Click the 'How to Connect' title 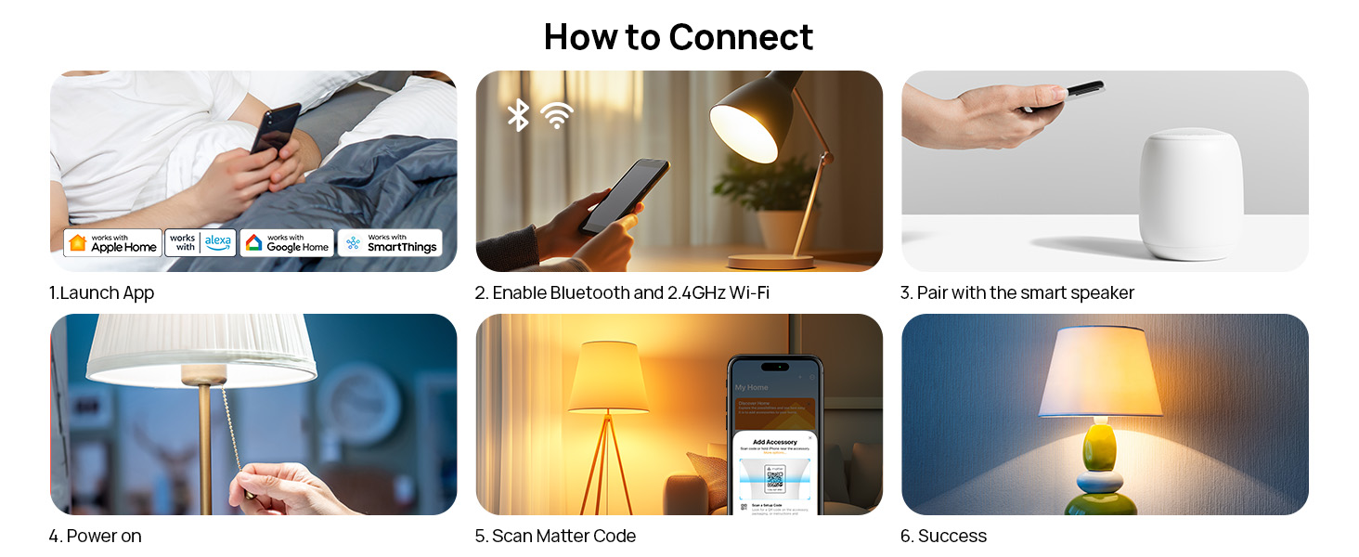pyautogui.click(x=679, y=37)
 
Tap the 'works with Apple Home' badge pyautogui.click(x=112, y=243)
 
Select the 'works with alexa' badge pyautogui.click(x=201, y=243)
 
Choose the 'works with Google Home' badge pyautogui.click(x=287, y=243)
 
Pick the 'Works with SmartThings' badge pyautogui.click(x=390, y=243)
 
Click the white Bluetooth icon pyautogui.click(x=518, y=115)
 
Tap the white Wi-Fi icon pyautogui.click(x=557, y=115)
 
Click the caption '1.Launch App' pyautogui.click(x=101, y=293)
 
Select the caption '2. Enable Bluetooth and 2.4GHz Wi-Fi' pyautogui.click(x=622, y=293)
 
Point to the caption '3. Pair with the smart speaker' pyautogui.click(x=1017, y=293)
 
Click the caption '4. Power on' pyautogui.click(x=95, y=537)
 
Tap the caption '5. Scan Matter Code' pyautogui.click(x=555, y=537)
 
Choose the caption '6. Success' pyautogui.click(x=943, y=537)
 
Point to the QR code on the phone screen pyautogui.click(x=774, y=478)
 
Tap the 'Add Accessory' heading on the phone pyautogui.click(x=774, y=442)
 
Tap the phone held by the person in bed pyautogui.click(x=276, y=129)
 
